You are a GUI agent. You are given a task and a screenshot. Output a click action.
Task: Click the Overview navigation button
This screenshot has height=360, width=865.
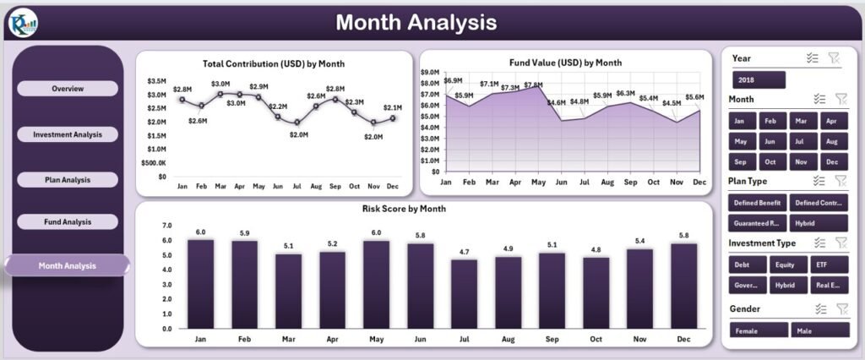(x=68, y=89)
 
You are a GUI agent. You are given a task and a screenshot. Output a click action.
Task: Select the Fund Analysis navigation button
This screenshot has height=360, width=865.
(x=68, y=221)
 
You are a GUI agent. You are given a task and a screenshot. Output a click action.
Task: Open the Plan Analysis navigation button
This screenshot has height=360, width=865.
(x=68, y=179)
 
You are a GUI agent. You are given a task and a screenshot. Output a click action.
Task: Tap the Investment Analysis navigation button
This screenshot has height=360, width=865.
(x=68, y=134)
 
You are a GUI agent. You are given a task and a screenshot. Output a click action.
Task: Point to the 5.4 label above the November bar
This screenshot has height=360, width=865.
(x=639, y=241)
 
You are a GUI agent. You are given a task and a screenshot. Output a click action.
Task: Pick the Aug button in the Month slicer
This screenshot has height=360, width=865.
(x=831, y=141)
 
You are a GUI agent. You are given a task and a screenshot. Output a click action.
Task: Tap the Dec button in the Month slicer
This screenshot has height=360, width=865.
(x=831, y=161)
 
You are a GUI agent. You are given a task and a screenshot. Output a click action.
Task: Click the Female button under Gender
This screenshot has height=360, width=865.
(x=759, y=330)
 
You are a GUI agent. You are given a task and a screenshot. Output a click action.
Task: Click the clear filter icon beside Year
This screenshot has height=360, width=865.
(x=834, y=58)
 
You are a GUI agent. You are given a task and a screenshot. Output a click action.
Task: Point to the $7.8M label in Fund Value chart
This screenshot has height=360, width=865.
(x=533, y=85)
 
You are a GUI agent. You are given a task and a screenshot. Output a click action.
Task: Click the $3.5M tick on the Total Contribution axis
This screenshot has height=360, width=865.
(x=156, y=81)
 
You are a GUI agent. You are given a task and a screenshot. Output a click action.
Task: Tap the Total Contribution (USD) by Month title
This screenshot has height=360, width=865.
(x=274, y=63)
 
